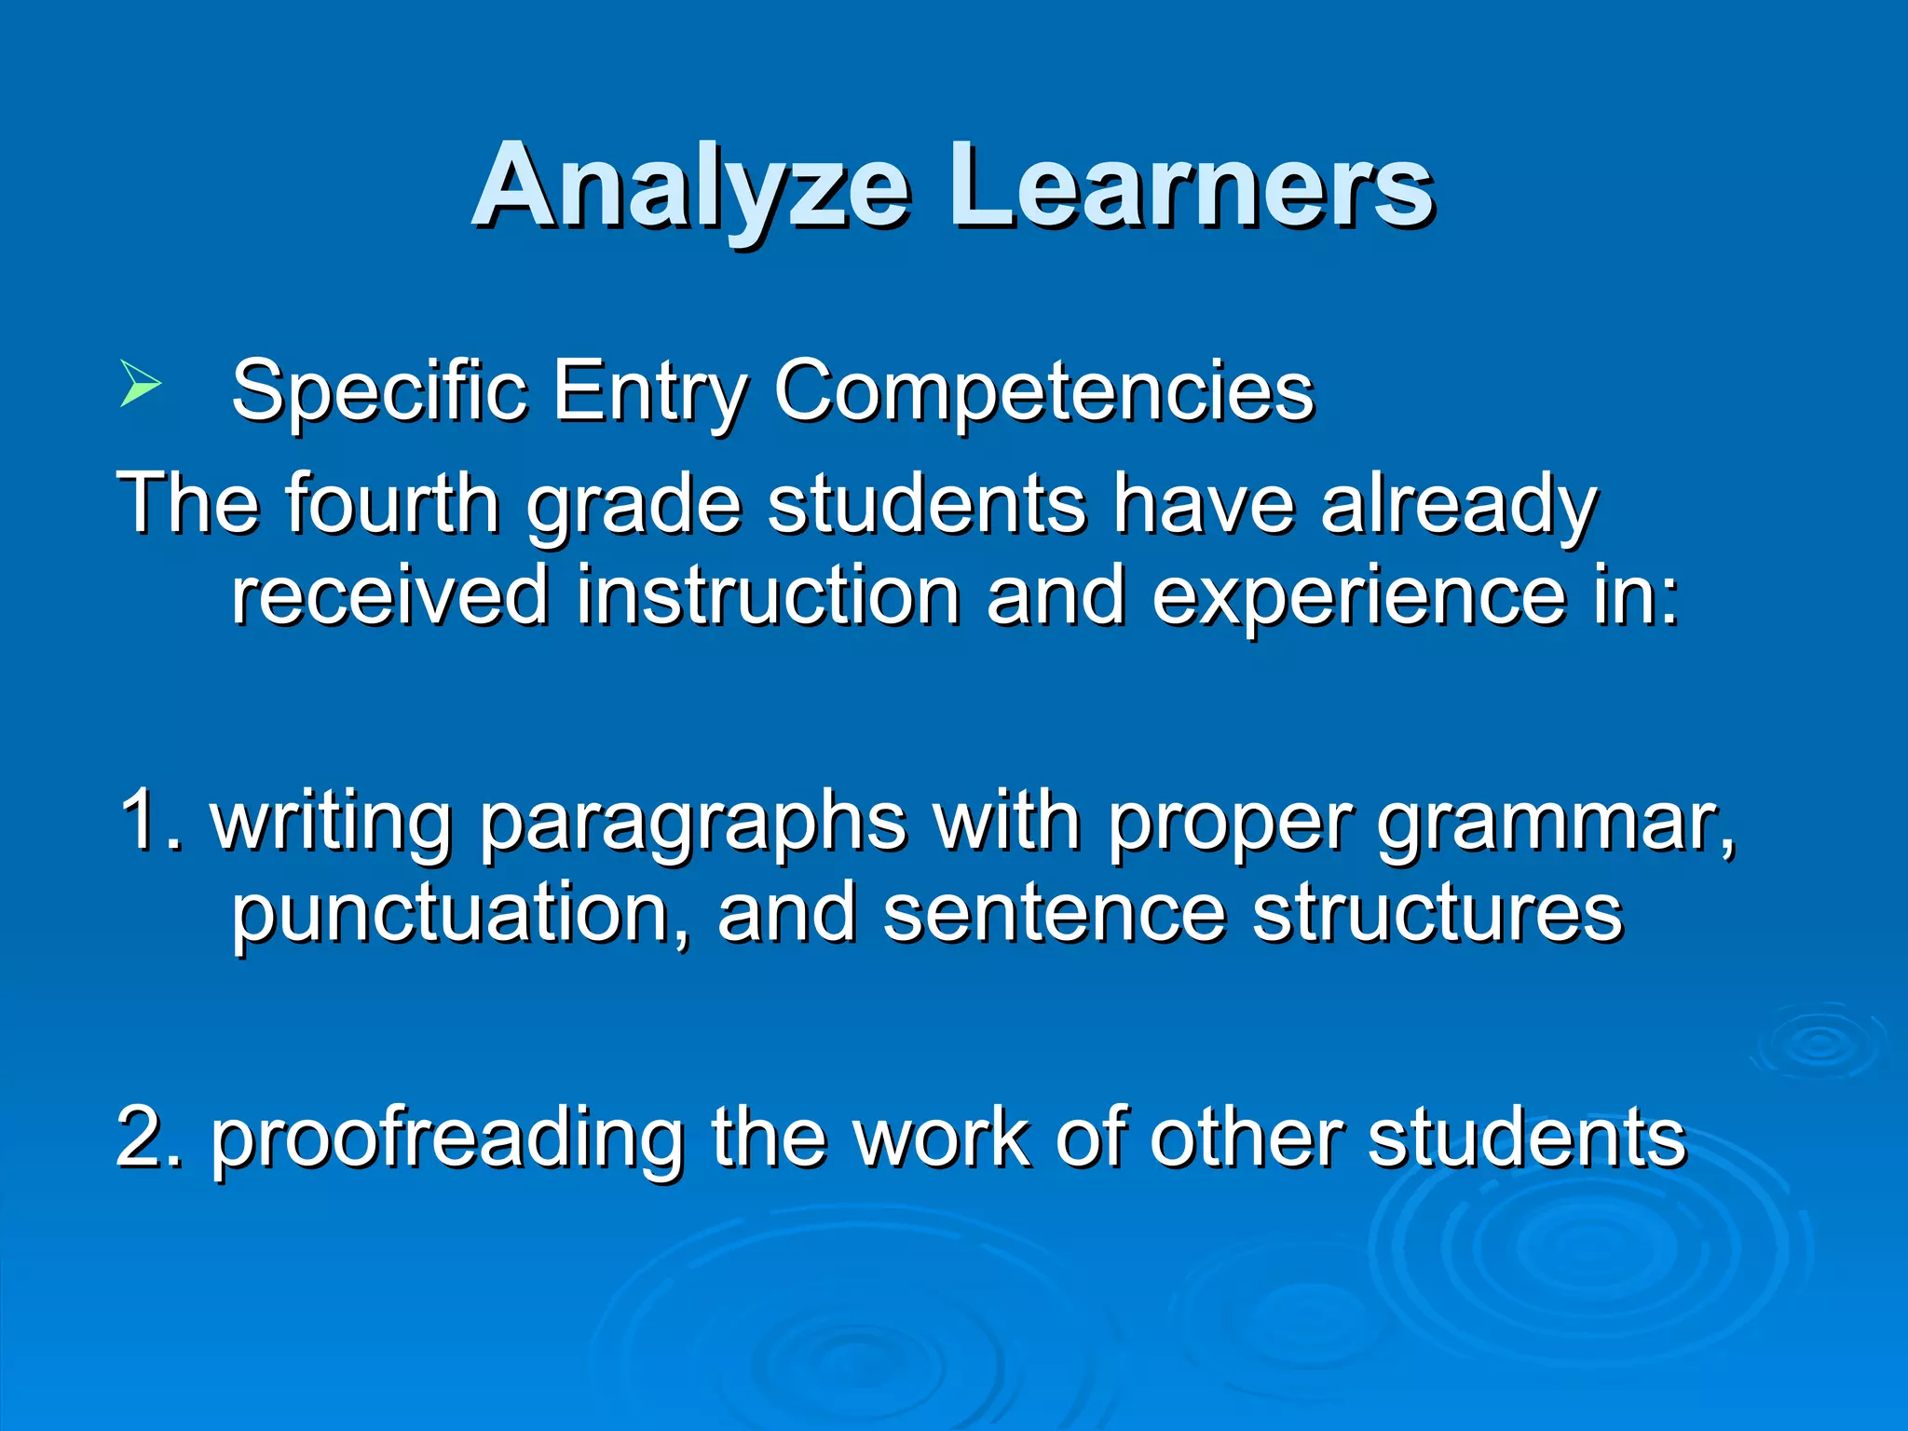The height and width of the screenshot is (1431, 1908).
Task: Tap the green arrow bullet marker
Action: [140, 385]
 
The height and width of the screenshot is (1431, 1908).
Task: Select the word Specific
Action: [378, 391]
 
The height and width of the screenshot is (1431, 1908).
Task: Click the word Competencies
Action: [1043, 391]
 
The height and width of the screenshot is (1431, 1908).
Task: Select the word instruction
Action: [768, 595]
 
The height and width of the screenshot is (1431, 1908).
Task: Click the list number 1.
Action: [149, 820]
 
